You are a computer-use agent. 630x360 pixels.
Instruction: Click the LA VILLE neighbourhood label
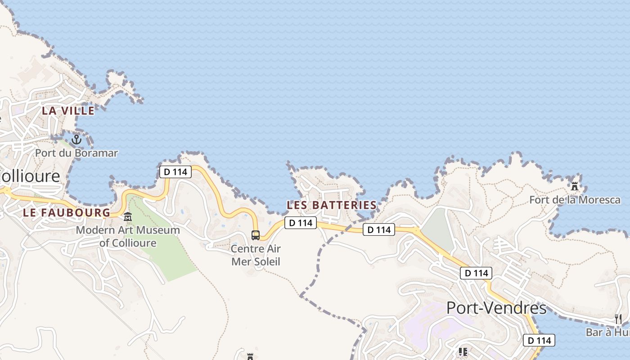(68, 111)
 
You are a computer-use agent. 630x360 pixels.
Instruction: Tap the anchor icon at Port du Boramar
(76, 139)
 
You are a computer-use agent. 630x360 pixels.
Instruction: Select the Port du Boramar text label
(76, 153)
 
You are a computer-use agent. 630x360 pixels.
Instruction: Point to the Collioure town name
(30, 176)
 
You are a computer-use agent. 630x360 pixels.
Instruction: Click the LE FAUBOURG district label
(67, 213)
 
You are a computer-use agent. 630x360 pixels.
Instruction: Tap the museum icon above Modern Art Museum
(128, 217)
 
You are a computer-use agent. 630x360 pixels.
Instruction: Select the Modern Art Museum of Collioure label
(128, 237)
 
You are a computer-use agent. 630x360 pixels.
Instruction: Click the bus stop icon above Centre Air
(255, 235)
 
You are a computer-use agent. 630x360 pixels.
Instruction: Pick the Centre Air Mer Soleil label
(256, 255)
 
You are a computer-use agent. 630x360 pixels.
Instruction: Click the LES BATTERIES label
(332, 205)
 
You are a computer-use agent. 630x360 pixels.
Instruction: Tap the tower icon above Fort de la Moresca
(575, 185)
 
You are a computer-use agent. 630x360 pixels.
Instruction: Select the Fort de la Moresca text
(575, 200)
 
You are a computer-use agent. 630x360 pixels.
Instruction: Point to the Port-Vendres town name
(496, 309)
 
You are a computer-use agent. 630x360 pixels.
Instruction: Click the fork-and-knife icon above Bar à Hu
(618, 319)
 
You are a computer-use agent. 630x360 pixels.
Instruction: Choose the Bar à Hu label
(607, 333)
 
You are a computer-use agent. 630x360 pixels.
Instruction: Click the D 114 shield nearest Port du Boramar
(175, 171)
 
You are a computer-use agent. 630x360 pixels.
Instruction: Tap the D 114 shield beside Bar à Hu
(539, 340)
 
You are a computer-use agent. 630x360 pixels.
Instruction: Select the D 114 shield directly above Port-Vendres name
(476, 273)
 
